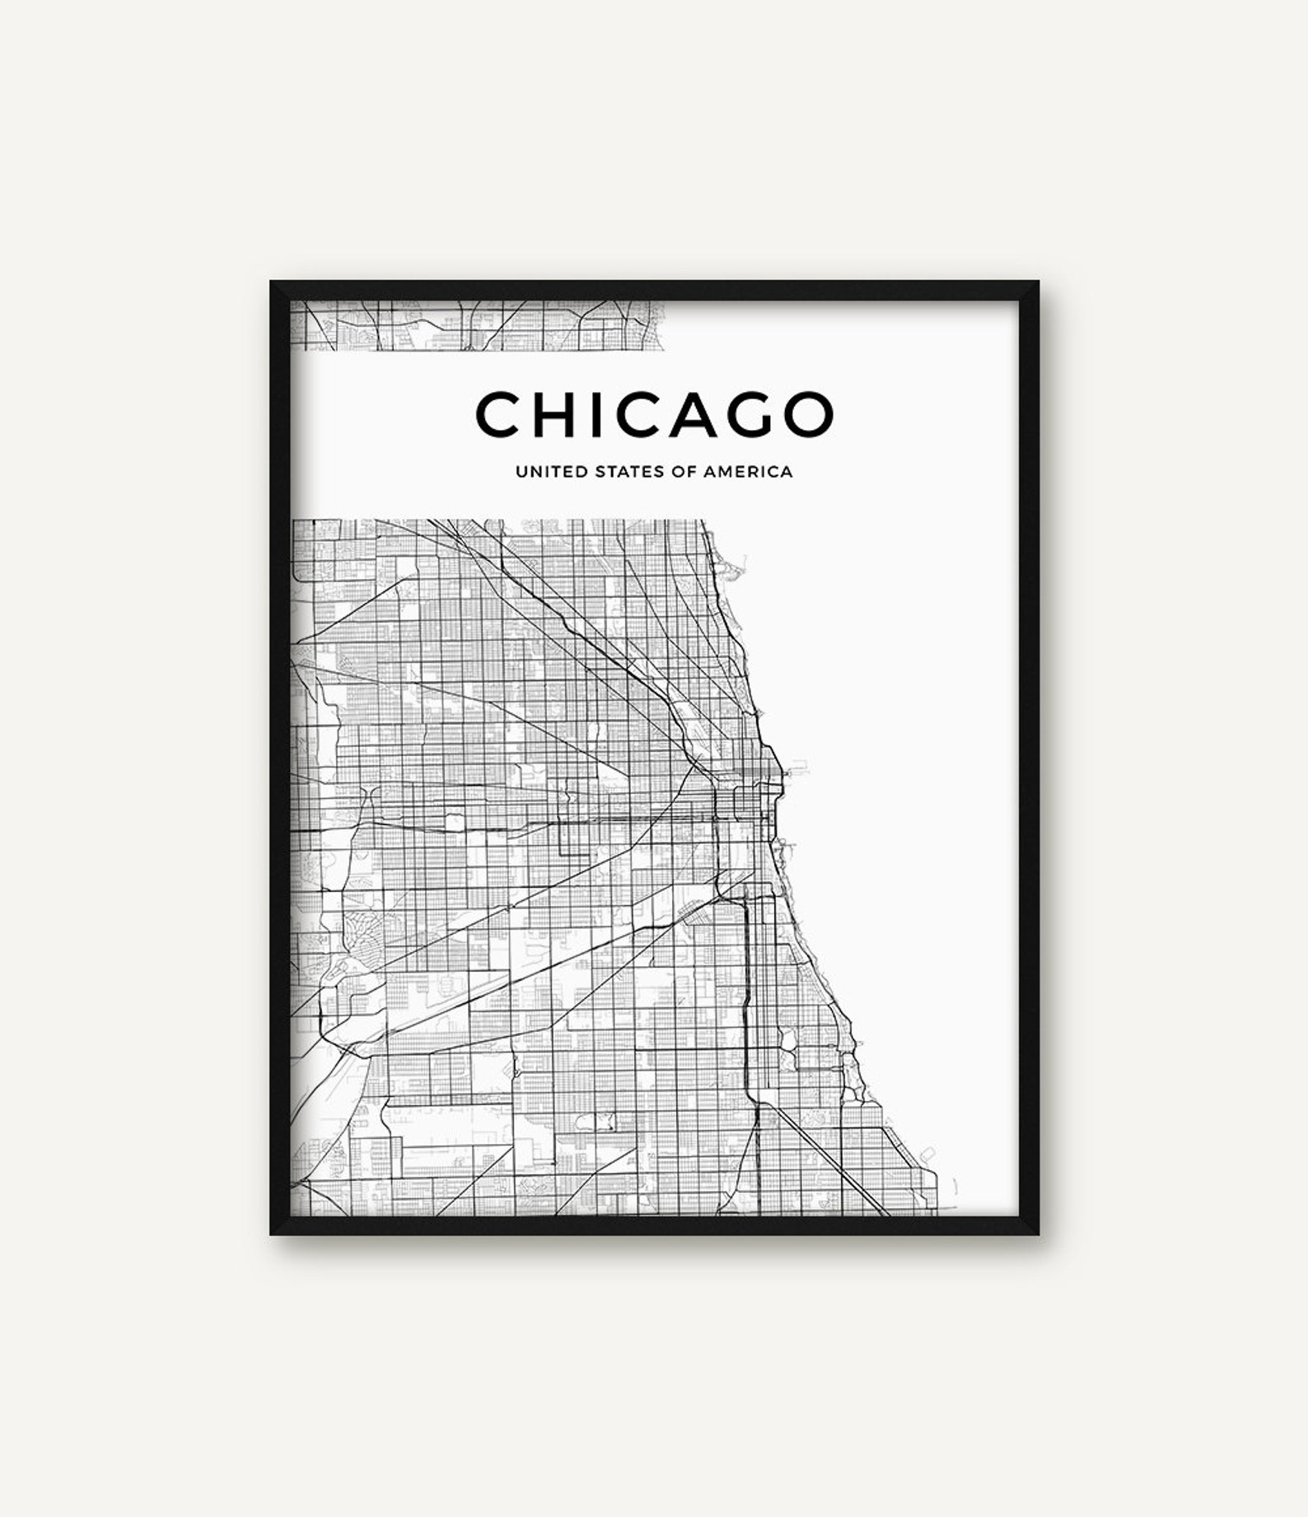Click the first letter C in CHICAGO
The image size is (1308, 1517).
tap(501, 414)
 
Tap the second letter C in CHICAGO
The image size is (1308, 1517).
tap(649, 414)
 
